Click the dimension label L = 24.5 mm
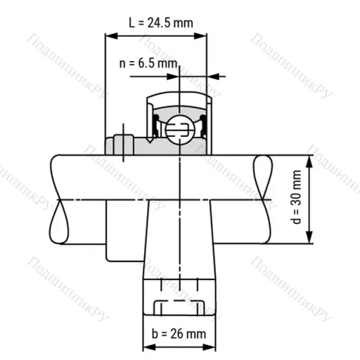pyautogui.click(x=161, y=22)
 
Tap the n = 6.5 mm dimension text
pyautogui.click(x=148, y=63)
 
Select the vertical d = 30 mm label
pyautogui.click(x=297, y=199)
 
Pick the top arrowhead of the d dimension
pyautogui.click(x=309, y=161)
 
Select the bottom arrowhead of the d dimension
pyautogui.click(x=309, y=240)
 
